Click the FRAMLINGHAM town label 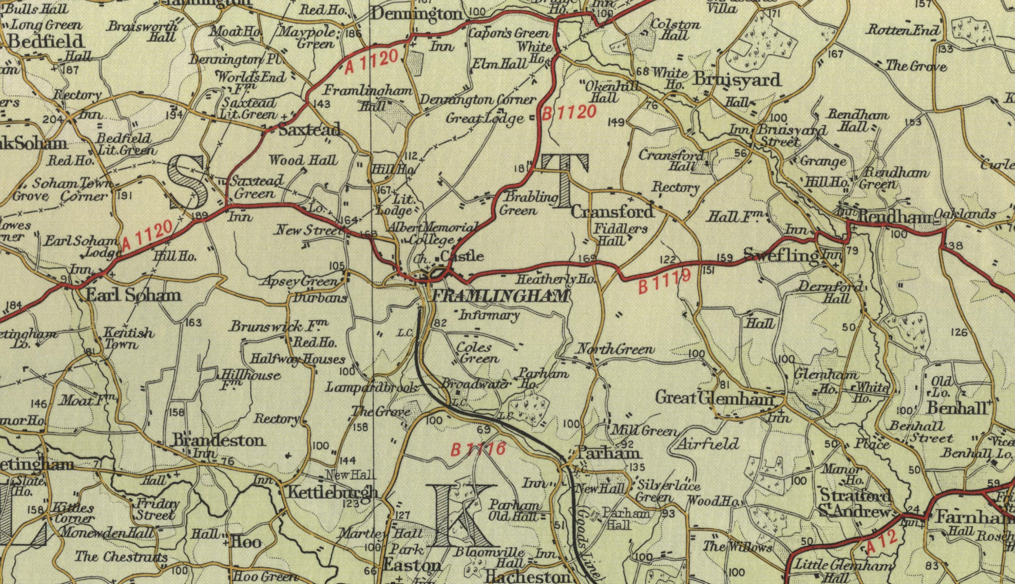[x=500, y=296]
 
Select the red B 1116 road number [x=478, y=449]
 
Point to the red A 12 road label [x=881, y=541]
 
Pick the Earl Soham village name [x=133, y=295]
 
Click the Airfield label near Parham [x=708, y=444]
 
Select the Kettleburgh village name [x=333, y=492]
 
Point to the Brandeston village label [x=218, y=440]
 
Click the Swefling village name [x=781, y=255]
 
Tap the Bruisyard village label [x=738, y=79]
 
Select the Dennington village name [x=417, y=14]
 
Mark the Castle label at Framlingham [x=462, y=256]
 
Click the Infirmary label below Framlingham [x=489, y=315]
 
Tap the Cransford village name [x=612, y=211]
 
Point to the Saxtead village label [x=310, y=130]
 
